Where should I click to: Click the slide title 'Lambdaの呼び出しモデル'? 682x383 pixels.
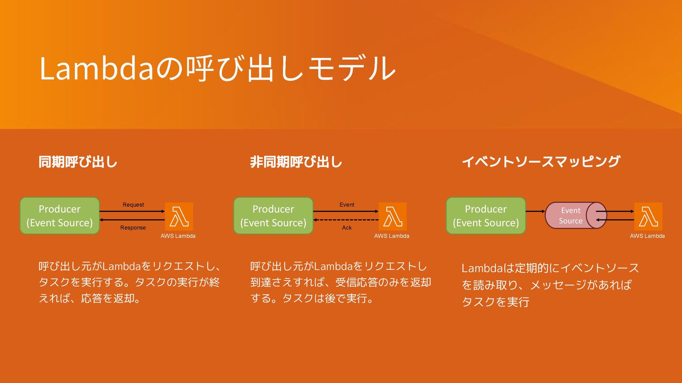(217, 68)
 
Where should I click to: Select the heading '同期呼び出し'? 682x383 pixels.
(78, 162)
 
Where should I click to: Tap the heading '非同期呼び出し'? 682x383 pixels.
(296, 162)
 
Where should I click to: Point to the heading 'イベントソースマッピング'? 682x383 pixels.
(541, 162)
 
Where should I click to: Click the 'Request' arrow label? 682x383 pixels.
(133, 205)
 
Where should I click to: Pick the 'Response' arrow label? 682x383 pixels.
(133, 228)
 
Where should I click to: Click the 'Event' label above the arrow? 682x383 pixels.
(347, 205)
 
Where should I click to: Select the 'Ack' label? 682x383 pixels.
(347, 228)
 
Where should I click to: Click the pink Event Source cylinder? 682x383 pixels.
(570, 215)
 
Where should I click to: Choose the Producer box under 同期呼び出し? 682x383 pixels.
(60, 216)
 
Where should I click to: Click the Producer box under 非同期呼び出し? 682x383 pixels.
(273, 216)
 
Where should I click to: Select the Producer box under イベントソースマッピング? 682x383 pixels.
(486, 216)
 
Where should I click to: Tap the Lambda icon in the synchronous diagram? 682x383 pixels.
(179, 216)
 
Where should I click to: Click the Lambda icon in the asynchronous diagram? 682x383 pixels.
(393, 216)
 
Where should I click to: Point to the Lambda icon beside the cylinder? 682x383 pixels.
(648, 216)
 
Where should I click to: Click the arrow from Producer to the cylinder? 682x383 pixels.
(535, 211)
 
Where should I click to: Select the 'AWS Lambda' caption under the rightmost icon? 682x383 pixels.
(647, 236)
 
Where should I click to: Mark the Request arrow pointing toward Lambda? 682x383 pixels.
(132, 211)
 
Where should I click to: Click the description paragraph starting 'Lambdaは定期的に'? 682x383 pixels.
(550, 285)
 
